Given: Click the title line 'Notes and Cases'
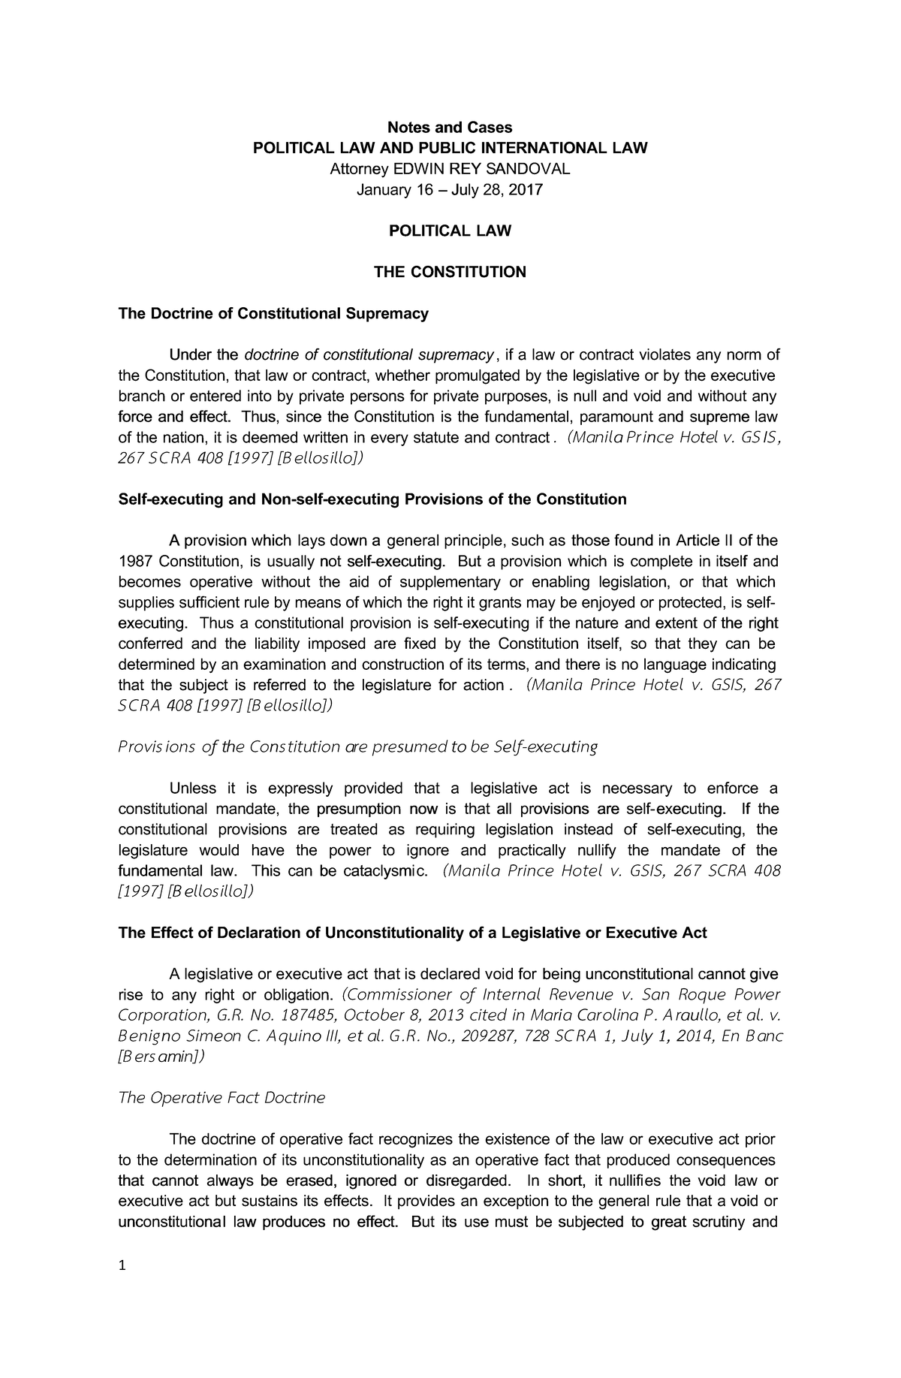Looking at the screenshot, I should (449, 128).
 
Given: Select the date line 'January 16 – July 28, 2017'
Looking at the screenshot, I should (449, 190).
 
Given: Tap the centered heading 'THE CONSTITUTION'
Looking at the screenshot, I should (450, 272).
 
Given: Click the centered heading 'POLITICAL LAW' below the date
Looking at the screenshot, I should (449, 231).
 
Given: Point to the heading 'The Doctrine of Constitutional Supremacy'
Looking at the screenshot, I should (273, 313).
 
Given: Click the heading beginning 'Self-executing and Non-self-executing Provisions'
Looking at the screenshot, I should (372, 499).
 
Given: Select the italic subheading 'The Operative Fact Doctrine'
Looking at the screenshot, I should (222, 1098).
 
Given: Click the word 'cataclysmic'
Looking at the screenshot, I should (385, 871).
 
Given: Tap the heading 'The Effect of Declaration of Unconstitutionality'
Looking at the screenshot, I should (413, 933).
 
